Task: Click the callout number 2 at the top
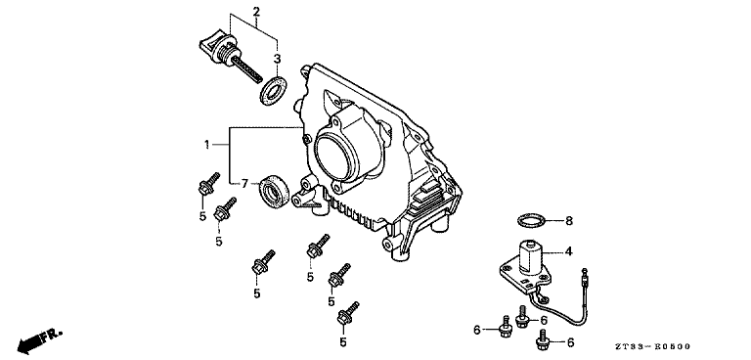(257, 11)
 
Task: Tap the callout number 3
(277, 59)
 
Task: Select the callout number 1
(207, 144)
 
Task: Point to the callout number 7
(244, 183)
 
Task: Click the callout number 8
(569, 221)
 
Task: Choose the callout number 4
(568, 251)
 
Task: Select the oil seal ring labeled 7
(274, 192)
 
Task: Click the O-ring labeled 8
(531, 221)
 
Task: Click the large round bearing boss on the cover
(336, 154)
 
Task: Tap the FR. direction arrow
(39, 341)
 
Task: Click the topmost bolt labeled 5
(208, 184)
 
